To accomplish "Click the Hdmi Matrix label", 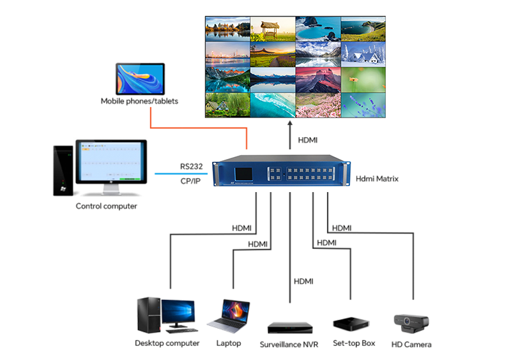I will click(x=377, y=179).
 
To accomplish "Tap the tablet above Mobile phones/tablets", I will click(x=140, y=79).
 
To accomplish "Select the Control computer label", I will click(x=106, y=206).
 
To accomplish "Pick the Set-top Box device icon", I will click(x=350, y=324).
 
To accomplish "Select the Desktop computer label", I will click(x=167, y=343).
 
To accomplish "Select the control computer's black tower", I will click(x=63, y=170).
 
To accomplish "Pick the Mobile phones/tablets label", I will click(x=139, y=101).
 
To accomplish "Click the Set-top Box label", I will click(x=354, y=343).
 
